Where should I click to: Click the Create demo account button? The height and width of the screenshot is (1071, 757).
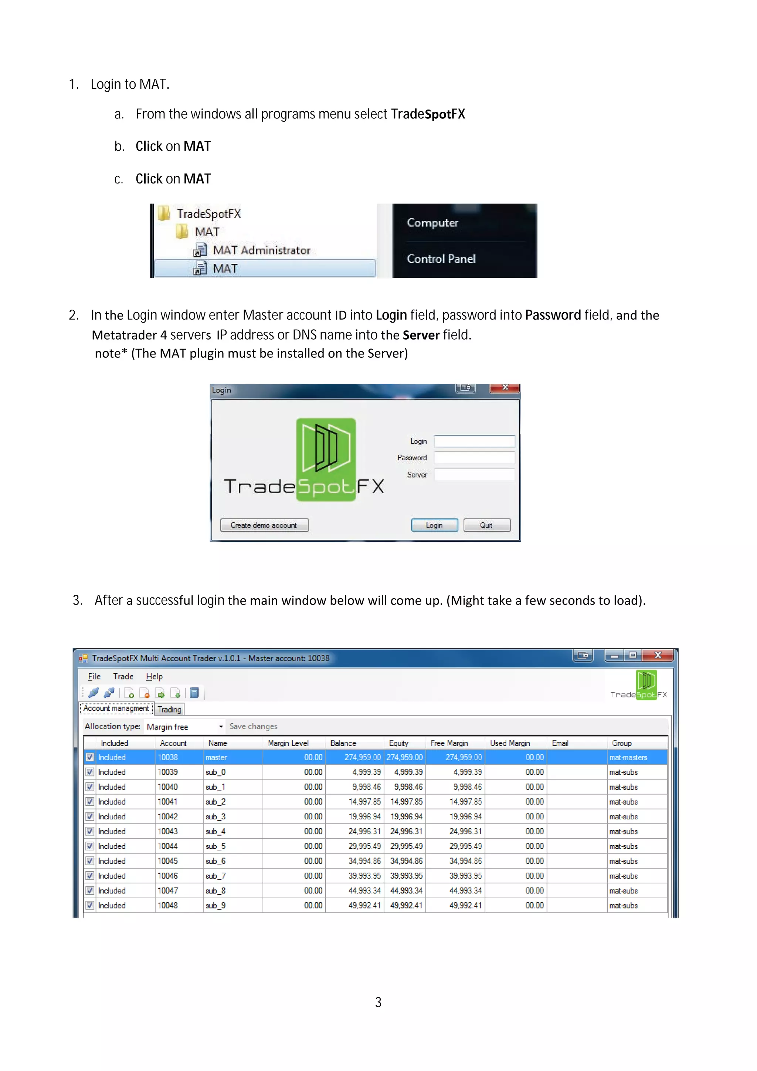click(264, 525)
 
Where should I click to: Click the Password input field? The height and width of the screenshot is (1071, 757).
click(474, 458)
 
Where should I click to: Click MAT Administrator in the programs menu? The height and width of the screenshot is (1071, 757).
click(261, 250)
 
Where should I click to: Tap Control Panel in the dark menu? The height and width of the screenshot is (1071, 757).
click(441, 259)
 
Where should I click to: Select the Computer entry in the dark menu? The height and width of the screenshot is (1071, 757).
click(432, 222)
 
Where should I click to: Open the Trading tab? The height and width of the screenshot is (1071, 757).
click(169, 710)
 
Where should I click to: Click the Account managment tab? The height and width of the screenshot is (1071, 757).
click(116, 708)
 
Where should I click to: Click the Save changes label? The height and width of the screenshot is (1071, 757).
click(253, 726)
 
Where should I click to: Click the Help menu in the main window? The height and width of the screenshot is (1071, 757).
click(154, 676)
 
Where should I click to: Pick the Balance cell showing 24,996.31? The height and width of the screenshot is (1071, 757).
click(364, 831)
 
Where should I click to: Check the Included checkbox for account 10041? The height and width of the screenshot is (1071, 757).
click(90, 802)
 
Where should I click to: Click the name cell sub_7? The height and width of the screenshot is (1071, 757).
click(215, 876)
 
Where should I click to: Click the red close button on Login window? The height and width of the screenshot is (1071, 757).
click(505, 387)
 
